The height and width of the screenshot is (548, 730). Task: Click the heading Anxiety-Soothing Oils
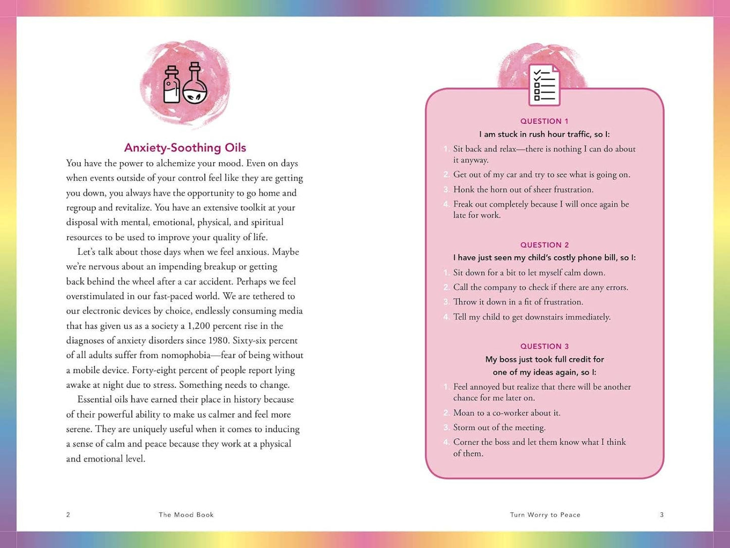click(185, 148)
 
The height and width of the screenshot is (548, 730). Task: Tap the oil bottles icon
click(185, 84)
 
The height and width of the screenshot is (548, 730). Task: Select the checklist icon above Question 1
click(544, 85)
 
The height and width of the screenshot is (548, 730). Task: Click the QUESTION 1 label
click(544, 121)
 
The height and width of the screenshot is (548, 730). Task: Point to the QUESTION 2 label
click(544, 245)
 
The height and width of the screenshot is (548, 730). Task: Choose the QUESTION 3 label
click(544, 346)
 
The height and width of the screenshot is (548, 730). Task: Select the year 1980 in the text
click(218, 341)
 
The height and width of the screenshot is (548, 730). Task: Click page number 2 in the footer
click(68, 515)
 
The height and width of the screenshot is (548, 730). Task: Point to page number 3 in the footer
click(662, 515)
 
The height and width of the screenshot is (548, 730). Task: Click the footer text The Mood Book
click(186, 515)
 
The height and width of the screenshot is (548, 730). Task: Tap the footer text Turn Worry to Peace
click(545, 515)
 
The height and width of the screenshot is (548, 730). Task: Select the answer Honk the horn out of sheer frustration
click(523, 190)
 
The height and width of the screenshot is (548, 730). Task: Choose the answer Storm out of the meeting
click(499, 428)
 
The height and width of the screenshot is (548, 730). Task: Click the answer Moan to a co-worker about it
click(507, 413)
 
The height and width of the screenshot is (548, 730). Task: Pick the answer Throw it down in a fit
click(518, 302)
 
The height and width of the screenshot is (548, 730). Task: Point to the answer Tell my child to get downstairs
click(531, 317)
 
